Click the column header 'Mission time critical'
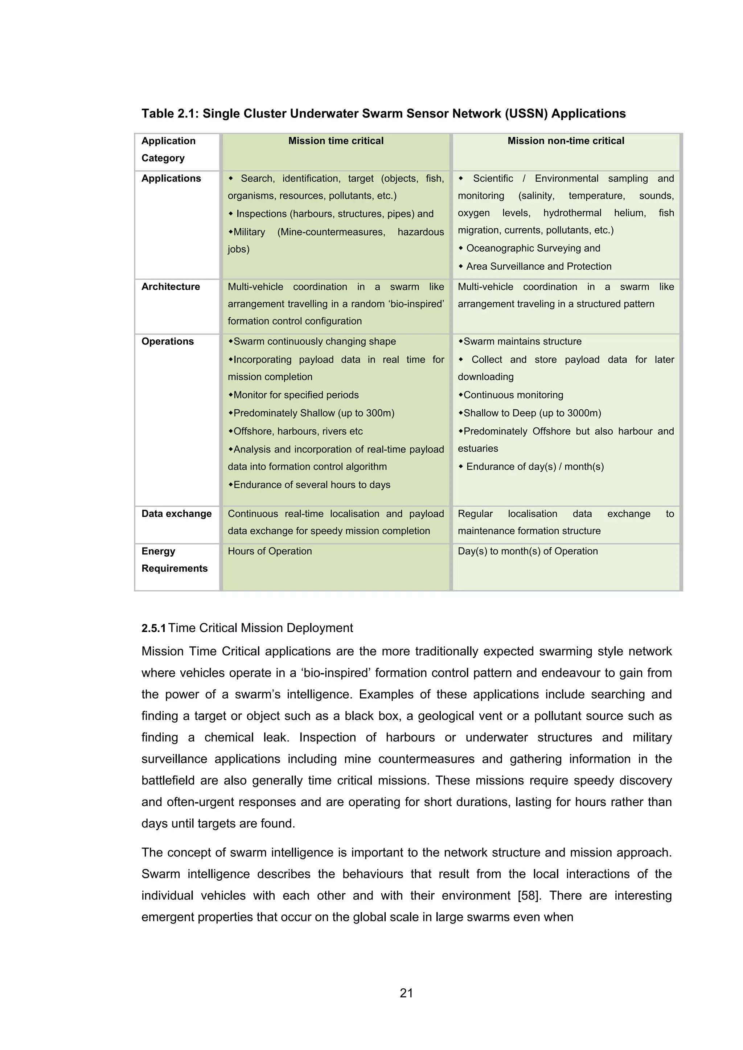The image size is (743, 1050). point(336,141)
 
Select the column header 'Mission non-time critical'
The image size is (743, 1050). point(566,141)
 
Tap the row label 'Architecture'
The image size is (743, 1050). point(171,287)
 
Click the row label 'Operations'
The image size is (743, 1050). point(168,342)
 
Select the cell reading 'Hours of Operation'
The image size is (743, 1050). point(270,551)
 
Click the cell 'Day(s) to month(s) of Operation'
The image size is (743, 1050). point(528,551)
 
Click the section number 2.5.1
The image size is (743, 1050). point(153,628)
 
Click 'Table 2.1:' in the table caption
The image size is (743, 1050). point(170,113)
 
